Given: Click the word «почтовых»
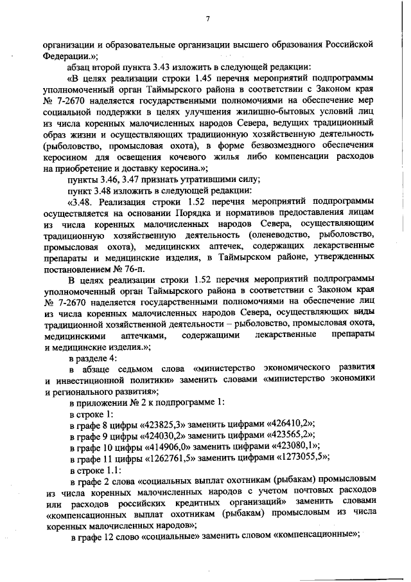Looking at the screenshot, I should tap(293, 491).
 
